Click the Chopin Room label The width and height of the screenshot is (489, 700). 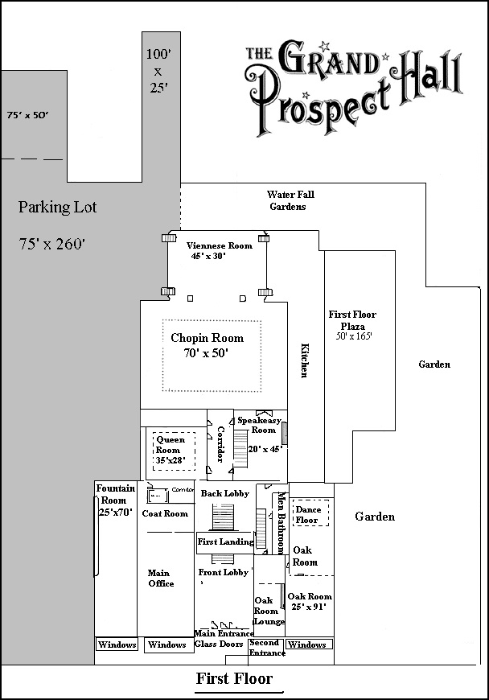pyautogui.click(x=207, y=338)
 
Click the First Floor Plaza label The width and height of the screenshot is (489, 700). pyautogui.click(x=352, y=320)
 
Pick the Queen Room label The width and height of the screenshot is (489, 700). pyautogui.click(x=170, y=445)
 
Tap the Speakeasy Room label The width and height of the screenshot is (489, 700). pyautogui.click(x=257, y=425)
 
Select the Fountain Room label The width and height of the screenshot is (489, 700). pyautogui.click(x=116, y=494)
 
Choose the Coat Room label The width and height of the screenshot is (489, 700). pyautogui.click(x=165, y=513)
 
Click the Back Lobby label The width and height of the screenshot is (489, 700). pyautogui.click(x=224, y=493)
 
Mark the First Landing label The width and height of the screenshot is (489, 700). pyautogui.click(x=225, y=542)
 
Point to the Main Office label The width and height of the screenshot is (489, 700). pyautogui.click(x=161, y=578)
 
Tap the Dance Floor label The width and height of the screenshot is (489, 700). pyautogui.click(x=307, y=515)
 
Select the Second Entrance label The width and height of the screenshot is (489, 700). pyautogui.click(x=265, y=648)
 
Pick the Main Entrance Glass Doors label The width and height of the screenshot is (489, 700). pyautogui.click(x=222, y=639)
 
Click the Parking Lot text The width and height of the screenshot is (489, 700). pyautogui.click(x=57, y=207)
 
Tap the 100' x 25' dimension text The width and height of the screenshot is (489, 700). pyautogui.click(x=157, y=71)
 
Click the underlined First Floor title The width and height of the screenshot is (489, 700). pyautogui.click(x=234, y=679)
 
